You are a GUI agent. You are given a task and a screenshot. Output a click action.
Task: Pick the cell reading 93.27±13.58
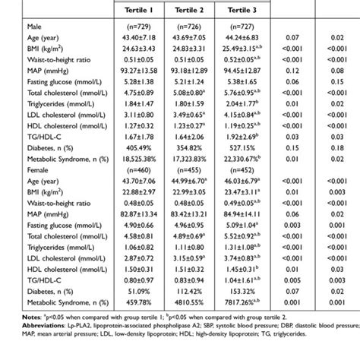pyautogui.click(x=139, y=71)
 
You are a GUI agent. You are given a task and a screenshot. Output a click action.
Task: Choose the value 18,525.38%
pyautogui.click(x=139, y=162)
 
